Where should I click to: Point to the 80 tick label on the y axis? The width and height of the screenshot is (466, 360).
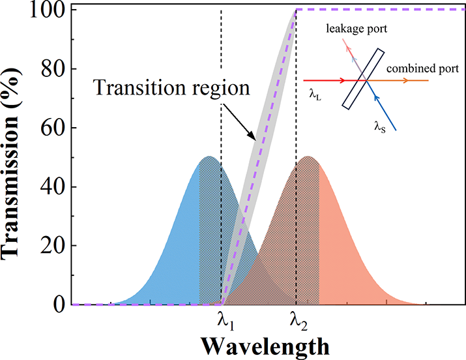pos(51,70)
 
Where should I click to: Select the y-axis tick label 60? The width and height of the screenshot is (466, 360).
pos(51,128)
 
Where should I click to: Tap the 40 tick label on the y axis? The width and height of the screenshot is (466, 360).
pos(51,187)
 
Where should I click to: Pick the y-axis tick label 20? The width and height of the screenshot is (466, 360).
pos(51,246)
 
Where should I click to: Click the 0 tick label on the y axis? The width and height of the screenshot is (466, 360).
pos(57,304)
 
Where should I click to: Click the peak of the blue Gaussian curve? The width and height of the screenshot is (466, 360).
pos(209,157)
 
